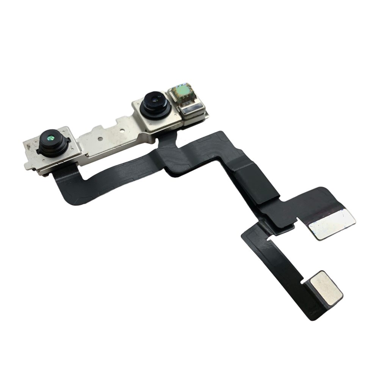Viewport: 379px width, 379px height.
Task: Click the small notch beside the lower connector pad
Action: [x=302, y=282]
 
